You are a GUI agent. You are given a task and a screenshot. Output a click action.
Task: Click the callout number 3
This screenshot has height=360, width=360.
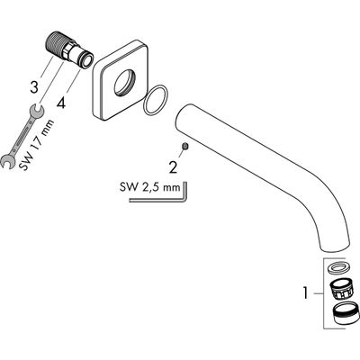tap(34, 87)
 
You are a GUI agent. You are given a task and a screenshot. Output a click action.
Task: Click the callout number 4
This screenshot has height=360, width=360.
tap(61, 103)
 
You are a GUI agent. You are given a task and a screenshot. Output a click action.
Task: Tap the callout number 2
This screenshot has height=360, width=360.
tap(173, 167)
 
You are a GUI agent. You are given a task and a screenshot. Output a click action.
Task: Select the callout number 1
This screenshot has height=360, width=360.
tap(305, 292)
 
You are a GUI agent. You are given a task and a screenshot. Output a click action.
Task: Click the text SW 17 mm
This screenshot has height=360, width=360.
tap(37, 145)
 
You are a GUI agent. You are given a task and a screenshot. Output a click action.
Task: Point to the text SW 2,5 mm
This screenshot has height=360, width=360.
tap(150, 187)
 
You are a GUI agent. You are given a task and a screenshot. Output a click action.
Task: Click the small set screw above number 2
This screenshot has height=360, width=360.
tap(185, 146)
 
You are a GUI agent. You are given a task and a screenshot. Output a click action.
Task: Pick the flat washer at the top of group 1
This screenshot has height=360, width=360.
tap(337, 268)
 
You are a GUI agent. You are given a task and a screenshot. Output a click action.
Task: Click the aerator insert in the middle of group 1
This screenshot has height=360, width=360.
tap(339, 289)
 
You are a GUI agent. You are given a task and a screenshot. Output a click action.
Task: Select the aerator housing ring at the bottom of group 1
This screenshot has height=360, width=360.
tap(346, 314)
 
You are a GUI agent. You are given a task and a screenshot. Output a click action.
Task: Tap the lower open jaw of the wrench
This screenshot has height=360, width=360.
tap(7, 161)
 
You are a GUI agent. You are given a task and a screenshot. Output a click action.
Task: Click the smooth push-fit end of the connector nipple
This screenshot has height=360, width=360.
tap(85, 61)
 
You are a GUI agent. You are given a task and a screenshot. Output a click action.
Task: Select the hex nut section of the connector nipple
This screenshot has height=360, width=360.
tap(69, 51)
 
